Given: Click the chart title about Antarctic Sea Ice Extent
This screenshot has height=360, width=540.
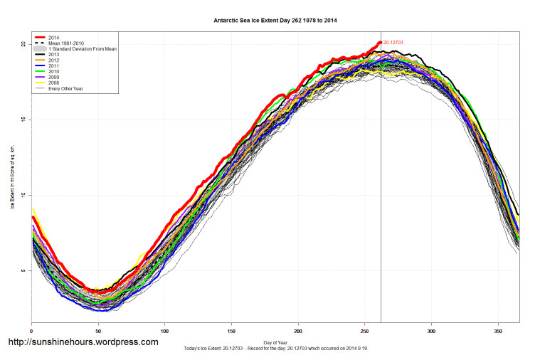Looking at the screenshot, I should (275, 21).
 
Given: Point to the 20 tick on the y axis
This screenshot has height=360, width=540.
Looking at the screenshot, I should (23, 44).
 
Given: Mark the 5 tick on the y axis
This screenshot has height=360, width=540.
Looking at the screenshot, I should (23, 270).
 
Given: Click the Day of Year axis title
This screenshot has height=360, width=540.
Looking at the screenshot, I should (275, 343).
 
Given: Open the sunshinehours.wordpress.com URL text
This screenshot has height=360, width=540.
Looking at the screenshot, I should (83, 342).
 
